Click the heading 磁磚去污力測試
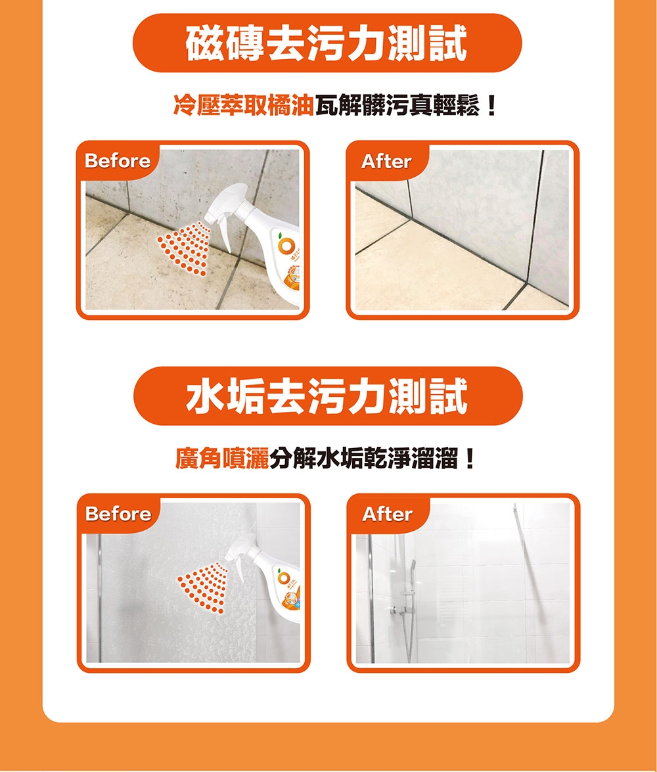327,43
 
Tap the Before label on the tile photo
118,161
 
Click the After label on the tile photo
386,161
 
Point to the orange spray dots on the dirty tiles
185,246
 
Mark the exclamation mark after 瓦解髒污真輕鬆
489,105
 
